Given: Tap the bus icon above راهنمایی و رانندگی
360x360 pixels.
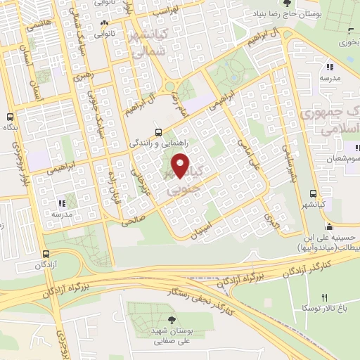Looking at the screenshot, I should [158, 131].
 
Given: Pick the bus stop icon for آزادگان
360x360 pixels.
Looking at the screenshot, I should [46, 254].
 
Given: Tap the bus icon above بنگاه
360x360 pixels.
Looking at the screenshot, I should [11, 117].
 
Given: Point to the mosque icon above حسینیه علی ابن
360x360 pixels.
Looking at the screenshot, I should [328, 226].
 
